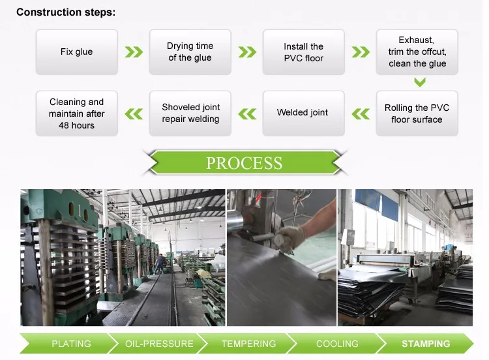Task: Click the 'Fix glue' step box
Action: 77,52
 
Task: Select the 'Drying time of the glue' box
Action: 190,52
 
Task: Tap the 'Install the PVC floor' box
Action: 303,52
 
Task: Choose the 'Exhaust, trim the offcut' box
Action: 417,52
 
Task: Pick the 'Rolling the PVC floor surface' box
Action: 417,113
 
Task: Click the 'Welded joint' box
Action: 303,113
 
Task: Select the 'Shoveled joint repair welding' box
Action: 190,113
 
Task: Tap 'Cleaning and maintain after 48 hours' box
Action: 77,113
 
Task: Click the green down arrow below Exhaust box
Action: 420,82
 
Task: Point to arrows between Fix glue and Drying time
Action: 134,52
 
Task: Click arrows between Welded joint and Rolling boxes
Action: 361,114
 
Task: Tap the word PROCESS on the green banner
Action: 244,163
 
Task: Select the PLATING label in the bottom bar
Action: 71,344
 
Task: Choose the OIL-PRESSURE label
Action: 159,344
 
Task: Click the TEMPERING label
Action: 248,344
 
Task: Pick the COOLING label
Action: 337,344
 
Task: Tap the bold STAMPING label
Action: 426,344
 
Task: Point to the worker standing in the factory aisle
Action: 160,263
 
